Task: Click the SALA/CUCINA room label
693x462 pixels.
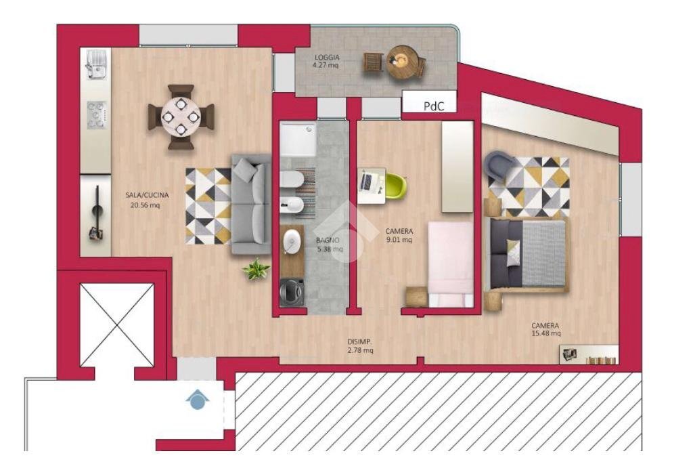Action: click(x=147, y=195)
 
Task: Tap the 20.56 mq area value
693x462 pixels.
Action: click(x=146, y=205)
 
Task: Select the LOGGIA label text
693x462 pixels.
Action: click(x=327, y=57)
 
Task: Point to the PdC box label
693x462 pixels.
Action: click(x=434, y=106)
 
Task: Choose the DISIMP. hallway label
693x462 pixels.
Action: click(x=359, y=341)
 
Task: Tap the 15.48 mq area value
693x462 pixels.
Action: click(x=545, y=333)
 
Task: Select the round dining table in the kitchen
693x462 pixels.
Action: click(x=181, y=117)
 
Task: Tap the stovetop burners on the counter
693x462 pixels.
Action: click(x=95, y=115)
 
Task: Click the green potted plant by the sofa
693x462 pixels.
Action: click(x=256, y=270)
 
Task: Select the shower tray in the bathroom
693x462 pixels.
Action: click(x=298, y=140)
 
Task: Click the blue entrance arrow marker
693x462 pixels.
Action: click(x=196, y=400)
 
